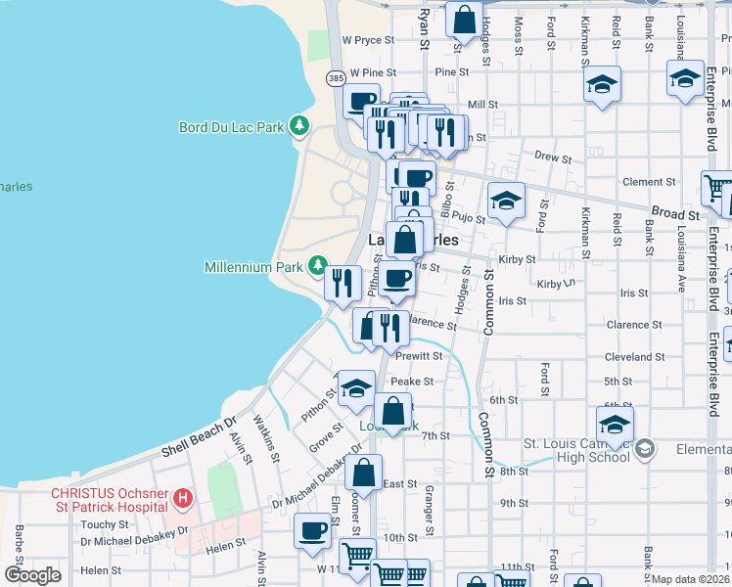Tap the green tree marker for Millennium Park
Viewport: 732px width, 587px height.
(x=318, y=265)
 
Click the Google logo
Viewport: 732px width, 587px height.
(x=32, y=576)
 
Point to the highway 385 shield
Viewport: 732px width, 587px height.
(x=336, y=77)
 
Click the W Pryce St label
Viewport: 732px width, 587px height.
(x=367, y=41)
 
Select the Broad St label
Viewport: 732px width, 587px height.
(x=676, y=213)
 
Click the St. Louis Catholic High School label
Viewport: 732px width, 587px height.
(x=576, y=450)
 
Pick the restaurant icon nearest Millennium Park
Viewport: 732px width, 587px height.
(x=342, y=283)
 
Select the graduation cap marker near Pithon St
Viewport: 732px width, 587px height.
(x=356, y=388)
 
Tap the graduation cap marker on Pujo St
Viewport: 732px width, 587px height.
(x=506, y=201)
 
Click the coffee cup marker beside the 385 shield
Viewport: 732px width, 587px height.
(x=361, y=100)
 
